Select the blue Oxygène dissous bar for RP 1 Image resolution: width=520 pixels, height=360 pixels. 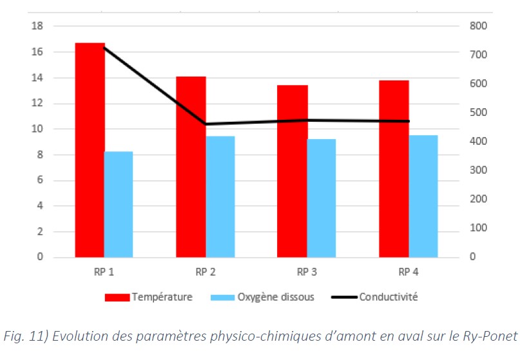(119, 204)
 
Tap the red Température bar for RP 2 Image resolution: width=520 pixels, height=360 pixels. (191, 167)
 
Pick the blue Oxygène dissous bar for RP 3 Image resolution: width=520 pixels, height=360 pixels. (322, 198)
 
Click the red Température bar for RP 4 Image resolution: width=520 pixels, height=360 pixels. (394, 169)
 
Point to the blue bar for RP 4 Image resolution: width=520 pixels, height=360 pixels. (423, 196)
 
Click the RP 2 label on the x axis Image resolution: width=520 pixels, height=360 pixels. (205, 271)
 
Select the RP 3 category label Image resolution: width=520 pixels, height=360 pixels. (307, 271)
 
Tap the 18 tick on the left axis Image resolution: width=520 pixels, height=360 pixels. (37, 26)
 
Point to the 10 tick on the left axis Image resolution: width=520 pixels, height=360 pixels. (37, 129)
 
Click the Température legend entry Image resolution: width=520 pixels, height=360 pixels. (161, 297)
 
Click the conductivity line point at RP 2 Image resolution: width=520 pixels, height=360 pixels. (206, 124)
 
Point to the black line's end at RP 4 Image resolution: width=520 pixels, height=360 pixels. (409, 121)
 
